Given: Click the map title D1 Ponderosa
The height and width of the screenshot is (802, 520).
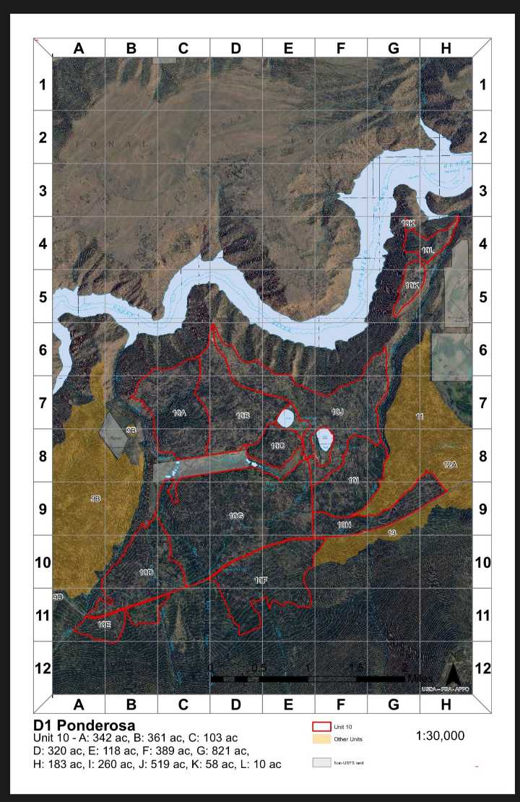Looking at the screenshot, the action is pos(84,725).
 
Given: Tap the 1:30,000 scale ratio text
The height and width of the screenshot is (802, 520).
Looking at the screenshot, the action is pos(440,736).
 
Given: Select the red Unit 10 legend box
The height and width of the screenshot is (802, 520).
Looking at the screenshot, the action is pos(321,726).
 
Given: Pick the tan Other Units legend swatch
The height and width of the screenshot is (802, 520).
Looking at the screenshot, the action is pos(321,738).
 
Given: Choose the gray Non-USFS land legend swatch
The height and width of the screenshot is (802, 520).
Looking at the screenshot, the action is pos(321,762).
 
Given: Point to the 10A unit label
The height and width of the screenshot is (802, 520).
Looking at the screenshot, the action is pos(180,413).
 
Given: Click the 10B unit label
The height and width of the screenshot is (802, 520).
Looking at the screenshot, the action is pos(243,415).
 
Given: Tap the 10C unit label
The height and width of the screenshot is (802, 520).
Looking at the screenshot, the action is pos(277,447).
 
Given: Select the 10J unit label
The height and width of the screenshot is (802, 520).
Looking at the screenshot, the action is pos(337,412).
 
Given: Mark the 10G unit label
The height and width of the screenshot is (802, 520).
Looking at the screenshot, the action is pos(235,516).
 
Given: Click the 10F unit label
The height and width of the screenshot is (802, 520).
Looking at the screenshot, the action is pos(261,580).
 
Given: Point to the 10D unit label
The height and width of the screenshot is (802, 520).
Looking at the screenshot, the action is pos(147,572).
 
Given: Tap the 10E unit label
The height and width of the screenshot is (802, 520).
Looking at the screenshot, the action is pos(104,623).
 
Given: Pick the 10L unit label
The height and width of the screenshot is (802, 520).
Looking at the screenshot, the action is pos(428,250).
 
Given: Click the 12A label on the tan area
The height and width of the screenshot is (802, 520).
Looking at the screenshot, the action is pos(450,464).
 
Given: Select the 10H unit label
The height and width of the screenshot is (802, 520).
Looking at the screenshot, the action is pos(344,525).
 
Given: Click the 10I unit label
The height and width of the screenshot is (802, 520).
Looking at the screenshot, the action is pos(353,480).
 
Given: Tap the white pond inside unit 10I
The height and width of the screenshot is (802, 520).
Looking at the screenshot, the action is pos(324,439).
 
